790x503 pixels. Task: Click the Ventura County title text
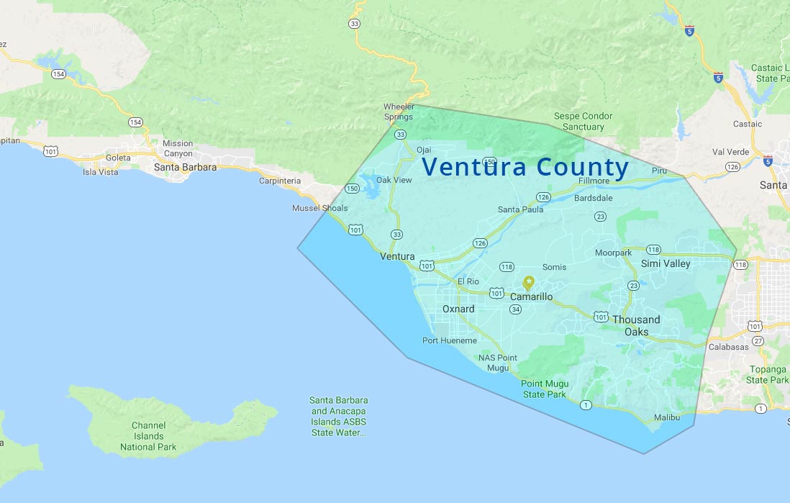coord(525,167)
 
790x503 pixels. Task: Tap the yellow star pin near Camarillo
coord(529,282)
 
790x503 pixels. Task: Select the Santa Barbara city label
coord(185,167)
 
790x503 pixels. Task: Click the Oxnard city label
coord(458,309)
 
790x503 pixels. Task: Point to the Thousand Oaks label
coord(636,325)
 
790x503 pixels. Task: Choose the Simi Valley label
coord(666,263)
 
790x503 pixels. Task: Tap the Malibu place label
coord(667,418)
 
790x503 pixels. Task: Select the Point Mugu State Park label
coord(543,389)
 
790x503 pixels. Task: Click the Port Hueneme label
coord(450,340)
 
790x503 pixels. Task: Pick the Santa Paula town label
coord(520,209)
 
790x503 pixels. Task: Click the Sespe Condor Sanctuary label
coord(583,121)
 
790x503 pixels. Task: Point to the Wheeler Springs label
coord(398,112)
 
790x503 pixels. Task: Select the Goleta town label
coord(118,158)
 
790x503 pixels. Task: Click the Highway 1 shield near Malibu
coord(586,405)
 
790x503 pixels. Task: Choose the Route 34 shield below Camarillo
coord(515,309)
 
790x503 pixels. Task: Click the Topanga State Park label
coord(767,374)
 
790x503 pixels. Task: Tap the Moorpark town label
coord(613,253)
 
